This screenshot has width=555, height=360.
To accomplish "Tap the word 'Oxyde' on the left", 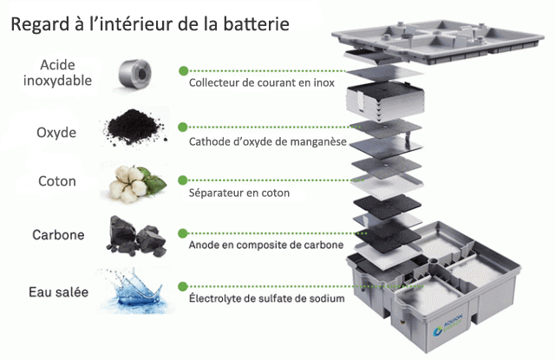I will click(x=56, y=133).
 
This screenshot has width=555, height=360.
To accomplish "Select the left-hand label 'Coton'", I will click(x=58, y=182).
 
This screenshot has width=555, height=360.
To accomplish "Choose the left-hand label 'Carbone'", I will click(x=58, y=235).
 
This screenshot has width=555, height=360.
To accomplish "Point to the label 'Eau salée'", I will click(x=58, y=292).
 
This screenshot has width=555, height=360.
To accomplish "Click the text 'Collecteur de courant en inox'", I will click(x=261, y=84).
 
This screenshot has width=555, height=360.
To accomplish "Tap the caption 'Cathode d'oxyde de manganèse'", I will click(x=267, y=141).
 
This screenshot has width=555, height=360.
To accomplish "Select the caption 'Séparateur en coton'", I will click(x=239, y=193).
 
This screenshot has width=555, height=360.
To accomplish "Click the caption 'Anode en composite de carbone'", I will click(x=266, y=245).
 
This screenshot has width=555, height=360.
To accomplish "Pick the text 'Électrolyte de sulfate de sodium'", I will click(x=266, y=299).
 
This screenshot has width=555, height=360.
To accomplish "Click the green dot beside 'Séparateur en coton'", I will click(x=183, y=178).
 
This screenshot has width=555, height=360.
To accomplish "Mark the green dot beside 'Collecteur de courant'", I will click(x=183, y=70).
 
